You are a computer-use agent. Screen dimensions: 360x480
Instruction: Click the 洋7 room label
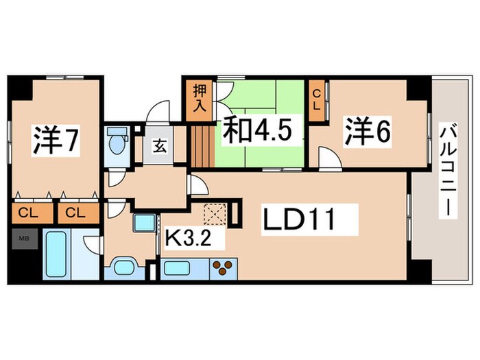pos(56,140)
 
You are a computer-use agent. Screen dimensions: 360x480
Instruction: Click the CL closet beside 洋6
pos(317,101)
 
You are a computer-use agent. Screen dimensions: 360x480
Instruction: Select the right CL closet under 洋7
pos(76,213)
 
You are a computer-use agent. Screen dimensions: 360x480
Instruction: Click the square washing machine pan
pos(145,224)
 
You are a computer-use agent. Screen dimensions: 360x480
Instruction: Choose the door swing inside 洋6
pos(329,162)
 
